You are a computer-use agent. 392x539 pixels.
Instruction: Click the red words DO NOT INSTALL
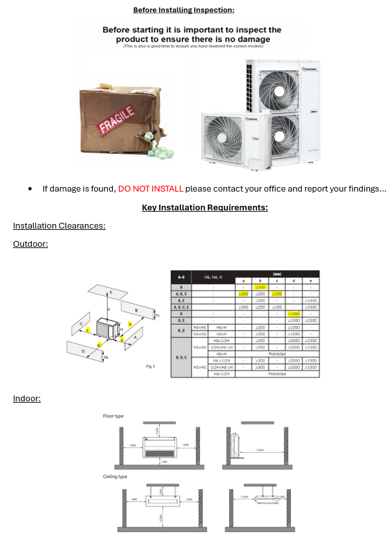pos(151,189)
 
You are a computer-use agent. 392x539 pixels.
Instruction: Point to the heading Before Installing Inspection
pos(184,10)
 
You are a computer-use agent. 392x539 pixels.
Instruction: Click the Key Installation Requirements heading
pos(204,208)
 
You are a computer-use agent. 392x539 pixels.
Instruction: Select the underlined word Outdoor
pos(31,244)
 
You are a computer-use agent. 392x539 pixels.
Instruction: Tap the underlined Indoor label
pos(27,398)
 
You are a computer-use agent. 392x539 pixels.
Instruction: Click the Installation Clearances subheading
pos(59,226)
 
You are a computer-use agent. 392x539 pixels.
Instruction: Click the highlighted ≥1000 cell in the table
pos(294,314)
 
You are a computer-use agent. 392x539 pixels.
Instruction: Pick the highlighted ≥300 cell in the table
pos(243,294)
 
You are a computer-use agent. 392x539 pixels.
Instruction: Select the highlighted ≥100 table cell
pos(277,294)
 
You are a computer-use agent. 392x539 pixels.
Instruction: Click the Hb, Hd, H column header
pos(214,277)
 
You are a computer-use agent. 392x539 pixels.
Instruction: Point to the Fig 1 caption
pos(149,367)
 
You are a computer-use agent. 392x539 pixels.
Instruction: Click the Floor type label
pos(114,416)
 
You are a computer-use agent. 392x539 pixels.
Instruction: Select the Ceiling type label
pos(115,477)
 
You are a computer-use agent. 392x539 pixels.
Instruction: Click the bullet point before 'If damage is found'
pos(31,189)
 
